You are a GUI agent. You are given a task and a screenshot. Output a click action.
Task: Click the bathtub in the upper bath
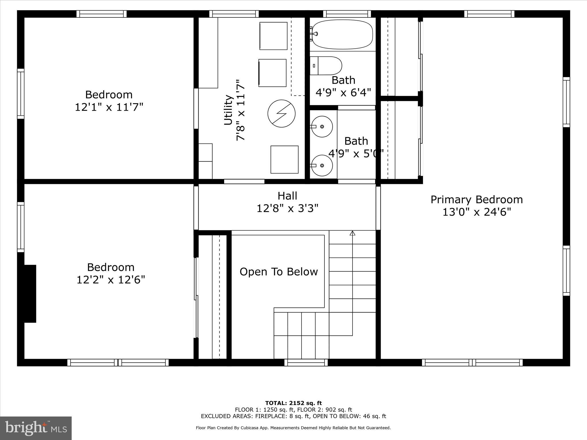(x=342, y=34)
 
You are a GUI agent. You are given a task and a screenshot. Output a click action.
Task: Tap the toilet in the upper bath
(x=327, y=66)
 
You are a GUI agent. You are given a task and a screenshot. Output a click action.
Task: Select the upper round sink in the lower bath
(x=322, y=126)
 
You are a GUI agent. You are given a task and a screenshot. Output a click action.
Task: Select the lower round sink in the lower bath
(x=322, y=165)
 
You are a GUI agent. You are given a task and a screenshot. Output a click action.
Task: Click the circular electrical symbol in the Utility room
(x=281, y=113)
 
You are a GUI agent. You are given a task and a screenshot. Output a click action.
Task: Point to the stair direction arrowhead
(x=353, y=233)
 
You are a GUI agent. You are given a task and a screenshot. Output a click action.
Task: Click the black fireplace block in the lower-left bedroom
(x=30, y=294)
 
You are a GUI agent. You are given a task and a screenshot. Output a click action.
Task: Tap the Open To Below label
(x=279, y=272)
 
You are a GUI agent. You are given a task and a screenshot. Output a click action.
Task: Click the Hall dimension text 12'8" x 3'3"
(x=287, y=208)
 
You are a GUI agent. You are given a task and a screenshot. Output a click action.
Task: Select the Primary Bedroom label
(x=477, y=199)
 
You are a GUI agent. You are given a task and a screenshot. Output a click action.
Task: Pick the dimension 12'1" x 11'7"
(x=109, y=107)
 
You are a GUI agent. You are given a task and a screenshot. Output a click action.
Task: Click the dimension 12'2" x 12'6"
(x=111, y=279)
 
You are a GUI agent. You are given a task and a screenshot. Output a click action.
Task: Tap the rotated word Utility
(x=228, y=110)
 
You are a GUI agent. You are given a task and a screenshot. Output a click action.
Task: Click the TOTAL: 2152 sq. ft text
(x=293, y=403)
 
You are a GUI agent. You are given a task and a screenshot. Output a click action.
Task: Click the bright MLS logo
(x=36, y=428)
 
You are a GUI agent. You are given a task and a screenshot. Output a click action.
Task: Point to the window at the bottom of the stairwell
(x=306, y=363)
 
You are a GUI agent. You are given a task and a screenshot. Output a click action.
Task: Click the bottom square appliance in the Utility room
(x=284, y=160)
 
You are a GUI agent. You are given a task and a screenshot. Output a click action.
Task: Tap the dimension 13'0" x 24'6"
(x=477, y=212)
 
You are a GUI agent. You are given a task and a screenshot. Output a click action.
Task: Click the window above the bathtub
(x=347, y=14)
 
